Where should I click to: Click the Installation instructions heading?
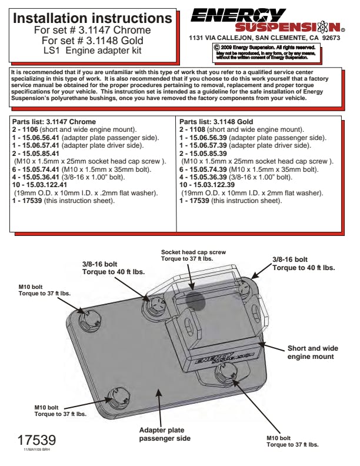(92, 18)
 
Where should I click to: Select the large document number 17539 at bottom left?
(36, 440)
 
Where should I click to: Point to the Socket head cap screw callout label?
(194, 255)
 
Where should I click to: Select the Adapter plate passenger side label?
(165, 434)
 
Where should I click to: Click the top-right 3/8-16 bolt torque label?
(304, 263)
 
